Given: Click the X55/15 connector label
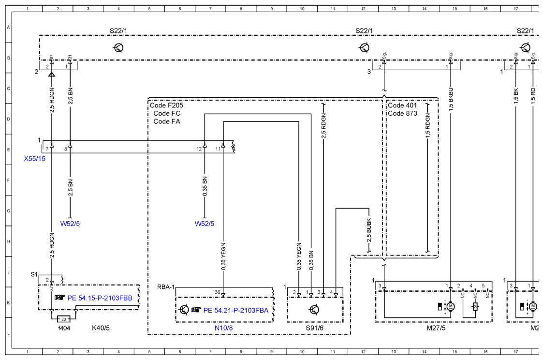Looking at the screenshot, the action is [35, 159].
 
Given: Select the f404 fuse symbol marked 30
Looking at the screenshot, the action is [64, 319].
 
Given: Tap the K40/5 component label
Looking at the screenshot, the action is [101, 328].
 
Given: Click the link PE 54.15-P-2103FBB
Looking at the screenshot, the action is [100, 298].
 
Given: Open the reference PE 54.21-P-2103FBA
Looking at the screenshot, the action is [236, 311].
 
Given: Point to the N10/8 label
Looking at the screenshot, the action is [224, 328].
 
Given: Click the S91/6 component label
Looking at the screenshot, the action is [314, 328].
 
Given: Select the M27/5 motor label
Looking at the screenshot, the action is [436, 328].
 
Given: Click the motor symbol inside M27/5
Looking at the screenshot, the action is [451, 306].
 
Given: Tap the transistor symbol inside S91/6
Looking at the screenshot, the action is [314, 310].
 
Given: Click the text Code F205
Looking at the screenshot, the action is [166, 105].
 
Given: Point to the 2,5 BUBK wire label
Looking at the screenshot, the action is [369, 230].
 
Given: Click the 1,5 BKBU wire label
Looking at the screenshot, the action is [451, 100].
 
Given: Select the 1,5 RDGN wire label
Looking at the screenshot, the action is [428, 126].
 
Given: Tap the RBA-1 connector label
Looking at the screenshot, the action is [166, 287].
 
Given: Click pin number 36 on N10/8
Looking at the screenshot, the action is [217, 292].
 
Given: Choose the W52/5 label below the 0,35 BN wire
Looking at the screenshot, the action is [205, 224].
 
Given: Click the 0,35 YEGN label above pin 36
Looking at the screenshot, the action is [223, 256].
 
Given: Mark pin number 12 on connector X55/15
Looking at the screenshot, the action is [199, 149].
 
